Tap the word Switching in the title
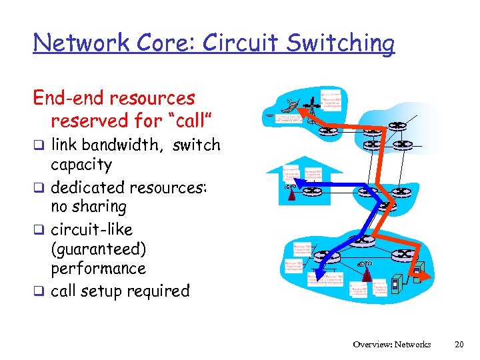347,44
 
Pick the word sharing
101,207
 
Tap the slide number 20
458,344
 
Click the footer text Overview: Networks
392,344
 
